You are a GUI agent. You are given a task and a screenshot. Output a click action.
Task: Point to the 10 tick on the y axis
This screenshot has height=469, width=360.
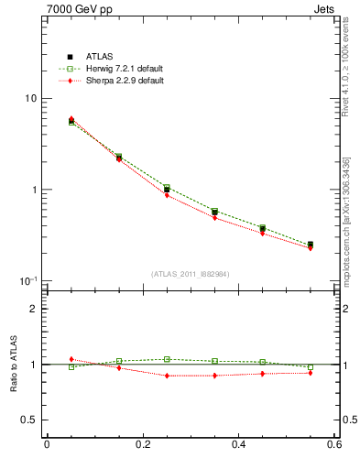pos(30,99)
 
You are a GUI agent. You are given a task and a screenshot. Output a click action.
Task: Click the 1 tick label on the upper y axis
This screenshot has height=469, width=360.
pos(34,191)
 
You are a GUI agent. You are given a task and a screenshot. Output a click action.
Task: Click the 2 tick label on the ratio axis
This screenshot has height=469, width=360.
pos(34,310)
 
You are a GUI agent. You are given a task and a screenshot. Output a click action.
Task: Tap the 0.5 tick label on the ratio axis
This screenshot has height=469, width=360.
pos(30,420)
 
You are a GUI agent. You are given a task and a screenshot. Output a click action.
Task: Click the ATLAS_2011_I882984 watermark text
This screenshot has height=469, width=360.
pos(190,274)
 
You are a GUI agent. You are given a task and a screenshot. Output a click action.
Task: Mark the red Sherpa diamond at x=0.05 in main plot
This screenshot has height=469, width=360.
pos(71,119)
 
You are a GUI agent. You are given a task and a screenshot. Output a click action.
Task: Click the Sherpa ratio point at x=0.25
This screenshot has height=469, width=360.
pos(167,376)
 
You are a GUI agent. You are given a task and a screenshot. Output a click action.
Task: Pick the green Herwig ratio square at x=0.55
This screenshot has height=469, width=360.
pos(311,366)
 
